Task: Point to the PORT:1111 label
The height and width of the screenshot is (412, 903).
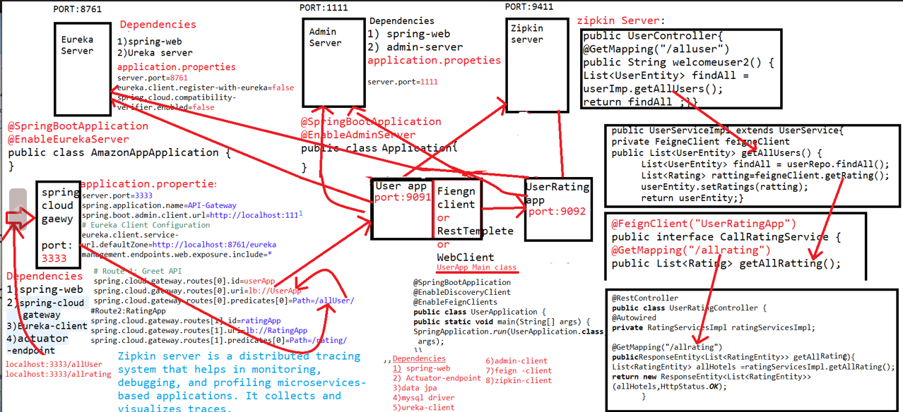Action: pyautogui.click(x=324, y=8)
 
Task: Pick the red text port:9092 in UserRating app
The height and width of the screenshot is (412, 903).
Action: pyautogui.click(x=557, y=211)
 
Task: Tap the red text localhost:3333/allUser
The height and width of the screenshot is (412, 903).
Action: pyautogui.click(x=54, y=365)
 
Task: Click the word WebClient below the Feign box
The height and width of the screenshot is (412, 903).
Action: pyautogui.click(x=465, y=257)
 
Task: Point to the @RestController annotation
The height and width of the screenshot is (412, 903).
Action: pyautogui.click(x=645, y=298)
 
